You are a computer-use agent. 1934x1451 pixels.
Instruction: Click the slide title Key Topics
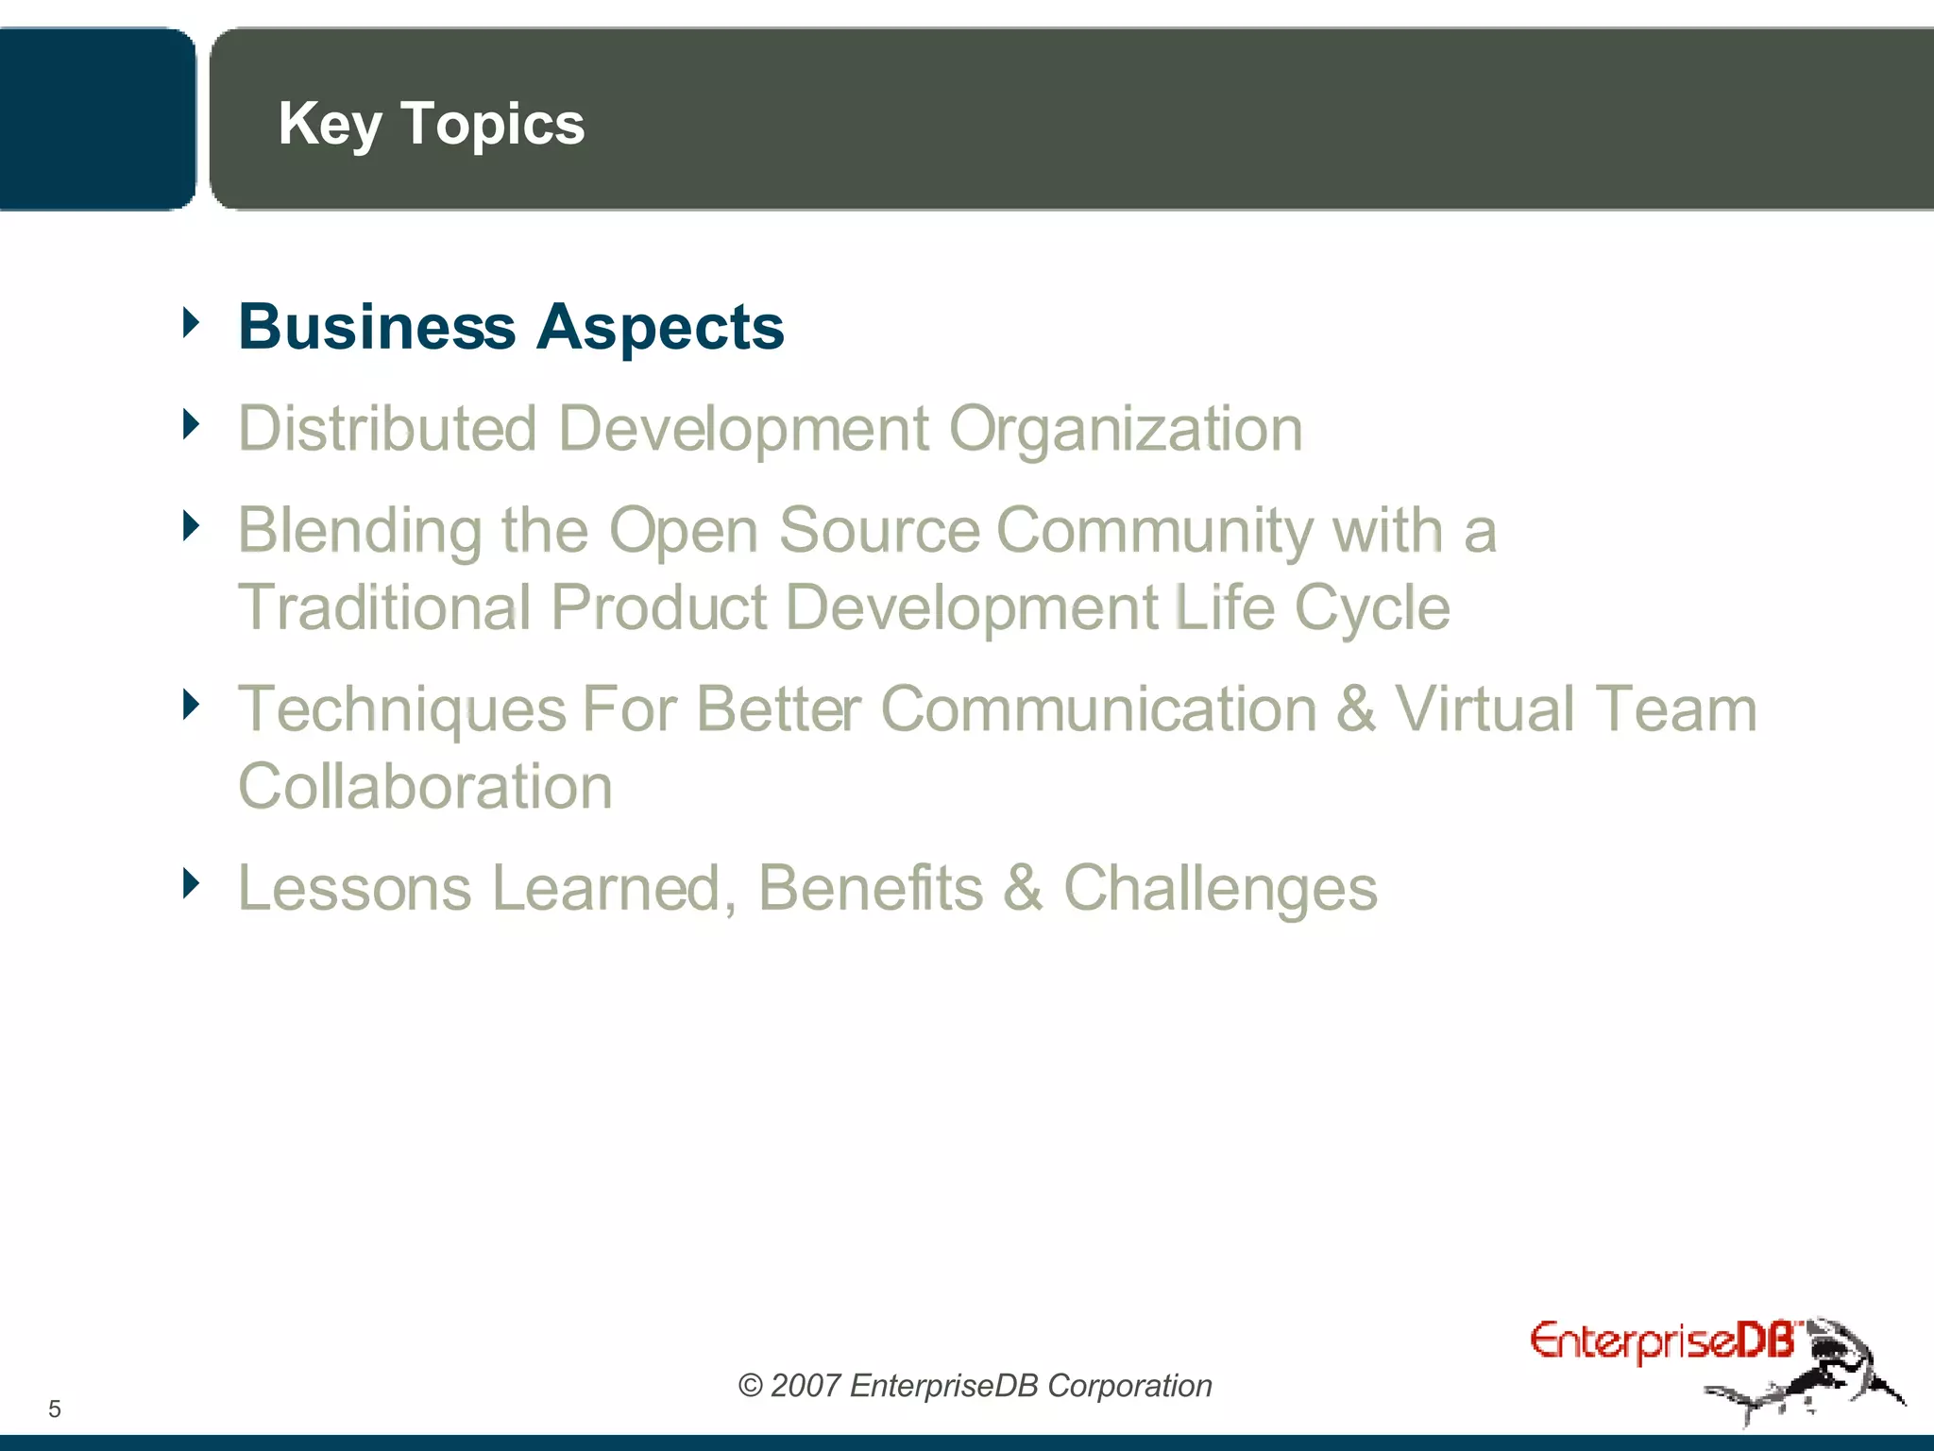431,125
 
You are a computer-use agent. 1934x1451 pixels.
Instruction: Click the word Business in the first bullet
377,327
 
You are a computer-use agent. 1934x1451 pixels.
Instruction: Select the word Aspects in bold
660,327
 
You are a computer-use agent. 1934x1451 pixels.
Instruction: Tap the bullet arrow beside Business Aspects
192,322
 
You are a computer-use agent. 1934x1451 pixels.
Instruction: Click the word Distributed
387,428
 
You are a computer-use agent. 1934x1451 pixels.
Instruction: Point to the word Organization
1125,430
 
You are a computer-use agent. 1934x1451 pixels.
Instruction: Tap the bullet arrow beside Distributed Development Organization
192,424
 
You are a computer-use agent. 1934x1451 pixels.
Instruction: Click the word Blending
360,530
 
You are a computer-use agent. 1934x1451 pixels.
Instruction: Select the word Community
1153,530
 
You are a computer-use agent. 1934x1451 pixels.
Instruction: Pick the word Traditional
384,606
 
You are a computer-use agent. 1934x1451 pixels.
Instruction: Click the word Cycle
1371,607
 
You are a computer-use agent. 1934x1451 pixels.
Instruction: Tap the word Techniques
401,709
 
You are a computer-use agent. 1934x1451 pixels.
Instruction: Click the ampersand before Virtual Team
1355,709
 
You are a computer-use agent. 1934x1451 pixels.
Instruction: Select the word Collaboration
425,786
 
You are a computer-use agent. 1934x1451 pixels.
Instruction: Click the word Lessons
354,888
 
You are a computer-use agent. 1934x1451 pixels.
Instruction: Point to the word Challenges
1220,889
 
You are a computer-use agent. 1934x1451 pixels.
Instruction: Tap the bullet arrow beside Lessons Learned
192,883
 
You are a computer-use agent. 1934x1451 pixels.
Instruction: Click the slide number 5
55,1409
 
